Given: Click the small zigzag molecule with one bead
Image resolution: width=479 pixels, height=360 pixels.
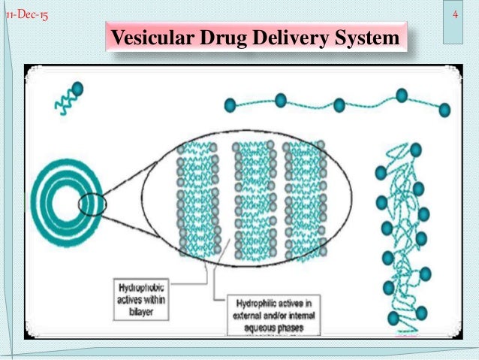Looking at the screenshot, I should pyautogui.click(x=67, y=98).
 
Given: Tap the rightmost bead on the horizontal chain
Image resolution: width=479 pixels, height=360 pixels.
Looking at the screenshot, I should pyautogui.click(x=444, y=110).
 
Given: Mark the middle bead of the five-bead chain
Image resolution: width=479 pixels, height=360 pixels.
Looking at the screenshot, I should pyautogui.click(x=339, y=104).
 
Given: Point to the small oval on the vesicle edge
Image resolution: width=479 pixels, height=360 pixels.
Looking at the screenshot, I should pyautogui.click(x=92, y=204).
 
